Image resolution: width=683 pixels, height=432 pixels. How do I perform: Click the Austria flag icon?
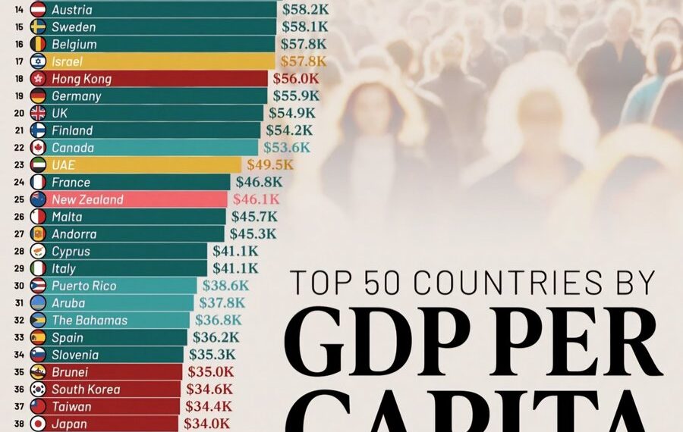[38, 10]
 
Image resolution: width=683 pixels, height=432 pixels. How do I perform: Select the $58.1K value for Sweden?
[304, 27]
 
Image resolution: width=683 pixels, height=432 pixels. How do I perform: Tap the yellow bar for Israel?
[152, 61]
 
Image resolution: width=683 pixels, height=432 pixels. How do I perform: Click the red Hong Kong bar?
[152, 79]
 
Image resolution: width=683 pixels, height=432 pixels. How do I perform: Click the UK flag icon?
[38, 113]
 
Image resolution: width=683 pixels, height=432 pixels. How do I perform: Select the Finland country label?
[72, 130]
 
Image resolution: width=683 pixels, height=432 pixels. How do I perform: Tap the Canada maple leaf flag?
[38, 148]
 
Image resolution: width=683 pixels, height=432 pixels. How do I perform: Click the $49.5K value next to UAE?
[269, 164]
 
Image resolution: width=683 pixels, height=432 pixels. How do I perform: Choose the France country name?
[71, 182]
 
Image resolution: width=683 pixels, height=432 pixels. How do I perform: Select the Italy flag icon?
[38, 268]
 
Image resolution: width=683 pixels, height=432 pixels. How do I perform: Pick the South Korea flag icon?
[38, 390]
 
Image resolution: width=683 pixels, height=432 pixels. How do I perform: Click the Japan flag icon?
[38, 424]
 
